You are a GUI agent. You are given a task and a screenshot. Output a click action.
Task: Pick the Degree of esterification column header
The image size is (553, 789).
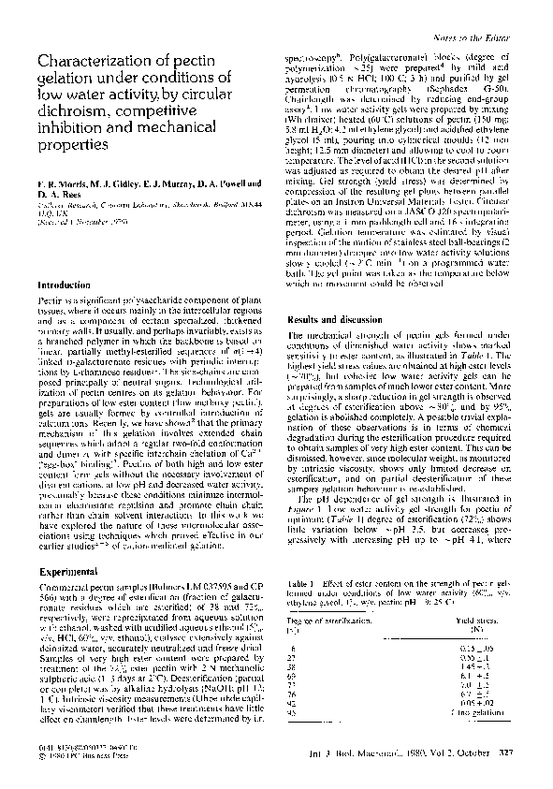pos(330,619)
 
